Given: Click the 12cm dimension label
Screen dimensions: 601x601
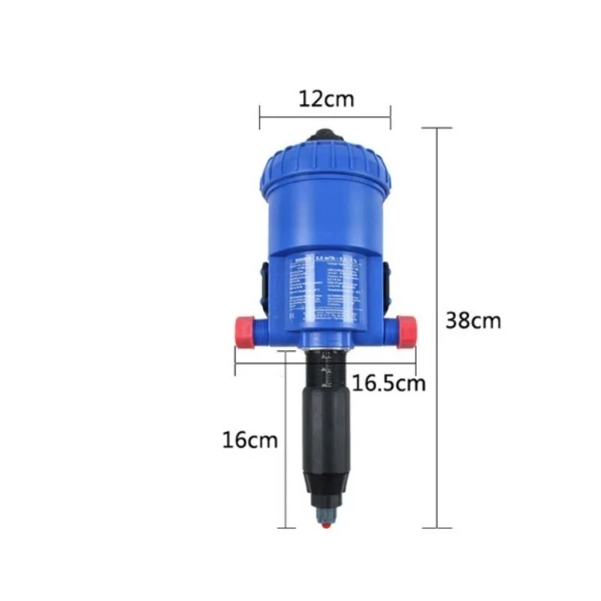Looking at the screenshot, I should (x=325, y=98).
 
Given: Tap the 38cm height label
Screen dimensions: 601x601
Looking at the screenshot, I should (x=473, y=320).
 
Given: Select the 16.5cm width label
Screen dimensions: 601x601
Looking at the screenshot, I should (x=389, y=383).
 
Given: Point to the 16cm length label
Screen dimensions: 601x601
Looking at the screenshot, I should (x=249, y=439).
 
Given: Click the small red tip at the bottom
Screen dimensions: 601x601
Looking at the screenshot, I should (x=324, y=525).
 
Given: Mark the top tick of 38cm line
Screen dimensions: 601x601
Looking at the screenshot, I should (x=439, y=128).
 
